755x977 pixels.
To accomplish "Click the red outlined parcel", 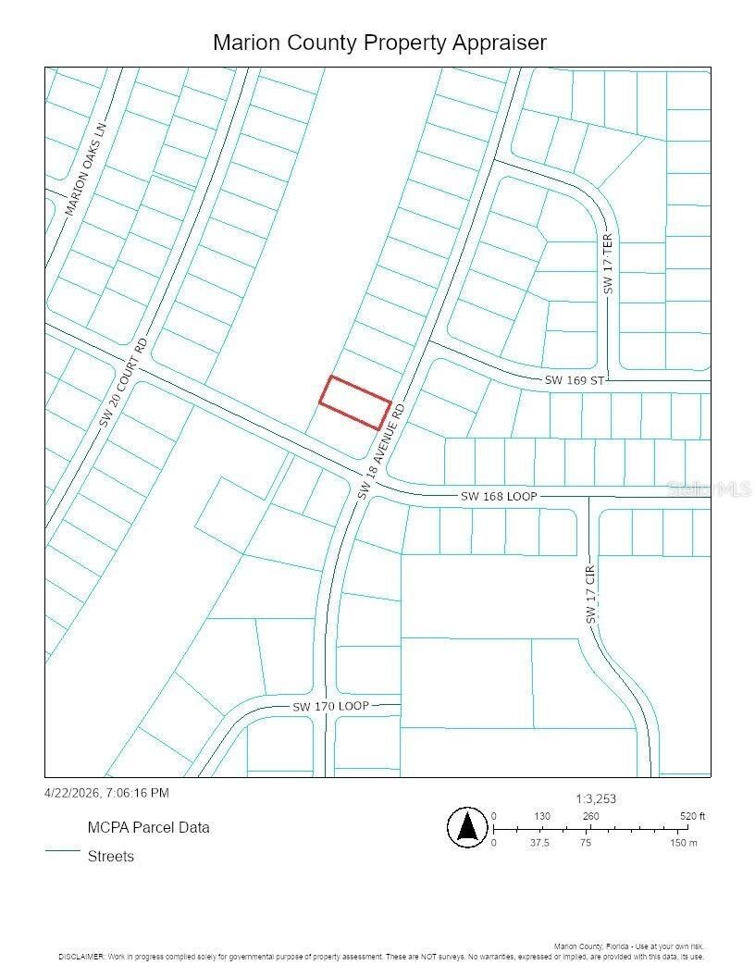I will click(355, 402).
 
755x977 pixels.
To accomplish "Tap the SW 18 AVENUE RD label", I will click(381, 452).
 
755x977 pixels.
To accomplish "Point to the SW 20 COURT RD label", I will click(124, 382).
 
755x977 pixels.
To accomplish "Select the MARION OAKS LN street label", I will click(86, 169).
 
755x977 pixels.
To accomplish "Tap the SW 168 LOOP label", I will click(498, 497).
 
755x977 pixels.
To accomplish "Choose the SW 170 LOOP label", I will click(330, 706).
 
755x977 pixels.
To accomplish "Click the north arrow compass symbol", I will click(467, 826).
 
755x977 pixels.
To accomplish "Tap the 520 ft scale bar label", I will click(692, 816).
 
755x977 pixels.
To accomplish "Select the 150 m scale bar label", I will click(684, 843).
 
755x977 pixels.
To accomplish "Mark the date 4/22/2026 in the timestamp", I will click(72, 793).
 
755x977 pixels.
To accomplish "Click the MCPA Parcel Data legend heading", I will click(148, 827).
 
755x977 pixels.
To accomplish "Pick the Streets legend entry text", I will click(111, 856).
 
